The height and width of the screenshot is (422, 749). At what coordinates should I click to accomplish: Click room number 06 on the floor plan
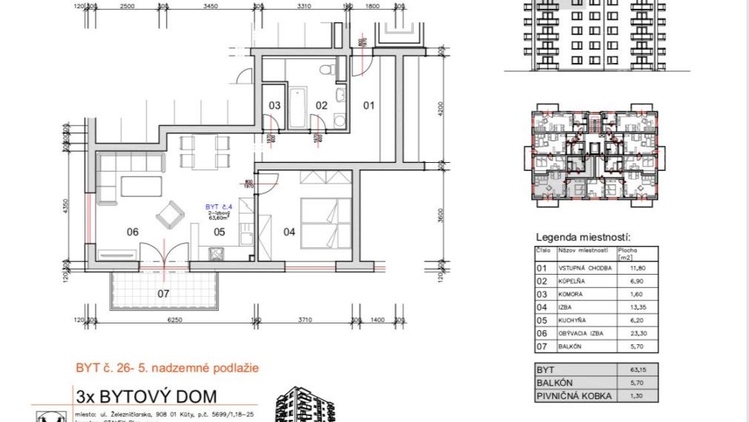[133, 232]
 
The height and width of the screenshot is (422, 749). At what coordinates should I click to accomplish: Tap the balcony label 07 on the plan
[164, 293]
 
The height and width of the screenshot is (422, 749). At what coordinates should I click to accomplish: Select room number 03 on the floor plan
[274, 106]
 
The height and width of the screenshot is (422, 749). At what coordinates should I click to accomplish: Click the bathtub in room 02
[296, 108]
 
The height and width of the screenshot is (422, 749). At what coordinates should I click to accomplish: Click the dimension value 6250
[175, 320]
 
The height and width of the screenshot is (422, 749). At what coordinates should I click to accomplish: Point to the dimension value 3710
[304, 320]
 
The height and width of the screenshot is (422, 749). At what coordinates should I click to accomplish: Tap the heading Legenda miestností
[583, 238]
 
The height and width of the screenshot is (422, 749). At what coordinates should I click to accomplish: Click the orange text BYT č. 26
[104, 367]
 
